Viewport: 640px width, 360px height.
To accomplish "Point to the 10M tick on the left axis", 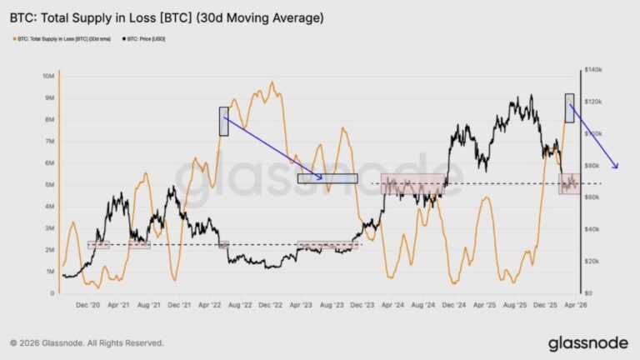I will (48, 76).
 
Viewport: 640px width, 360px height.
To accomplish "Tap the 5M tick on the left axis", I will (49, 185).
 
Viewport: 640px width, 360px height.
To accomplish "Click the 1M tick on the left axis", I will (49, 272).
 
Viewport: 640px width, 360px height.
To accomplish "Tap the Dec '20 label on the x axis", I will (88, 306).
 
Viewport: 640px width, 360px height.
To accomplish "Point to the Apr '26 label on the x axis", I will (572, 306).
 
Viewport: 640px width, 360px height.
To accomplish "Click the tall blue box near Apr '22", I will (223, 121).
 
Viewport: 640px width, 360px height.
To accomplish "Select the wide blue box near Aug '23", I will (327, 178).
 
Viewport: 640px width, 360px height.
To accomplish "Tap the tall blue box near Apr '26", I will (569, 108).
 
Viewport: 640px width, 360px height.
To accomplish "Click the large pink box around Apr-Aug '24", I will (412, 184).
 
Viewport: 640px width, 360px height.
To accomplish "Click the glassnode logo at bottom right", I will (588, 343).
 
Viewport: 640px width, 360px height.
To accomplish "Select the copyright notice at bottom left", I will (87, 342).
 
